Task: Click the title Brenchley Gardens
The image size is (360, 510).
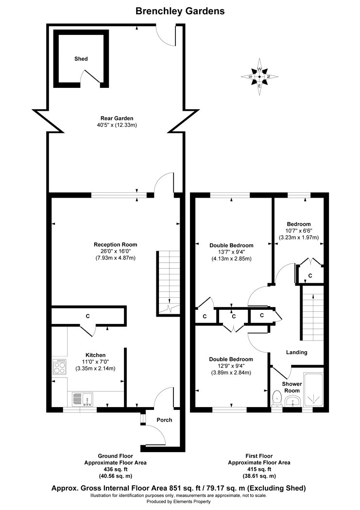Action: point(180,11)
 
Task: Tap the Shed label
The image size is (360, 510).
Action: point(81,59)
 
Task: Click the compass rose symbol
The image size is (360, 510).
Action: point(259,77)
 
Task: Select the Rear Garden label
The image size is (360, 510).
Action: point(117,119)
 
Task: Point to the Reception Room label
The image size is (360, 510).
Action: point(116,245)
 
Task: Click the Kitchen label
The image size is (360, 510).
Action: point(95,355)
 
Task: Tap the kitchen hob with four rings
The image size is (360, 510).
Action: point(59,367)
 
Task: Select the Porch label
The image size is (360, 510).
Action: point(164,420)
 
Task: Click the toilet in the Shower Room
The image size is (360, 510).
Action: point(277,398)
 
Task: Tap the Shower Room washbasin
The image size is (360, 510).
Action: point(293,401)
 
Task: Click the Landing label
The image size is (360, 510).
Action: point(296,352)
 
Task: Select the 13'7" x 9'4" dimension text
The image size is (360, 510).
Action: point(231,252)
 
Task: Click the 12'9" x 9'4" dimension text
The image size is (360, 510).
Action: point(231,366)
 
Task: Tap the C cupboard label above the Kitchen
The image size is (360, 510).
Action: point(87,316)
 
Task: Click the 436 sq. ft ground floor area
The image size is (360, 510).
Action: point(116,469)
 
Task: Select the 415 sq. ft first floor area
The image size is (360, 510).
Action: point(259,469)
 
